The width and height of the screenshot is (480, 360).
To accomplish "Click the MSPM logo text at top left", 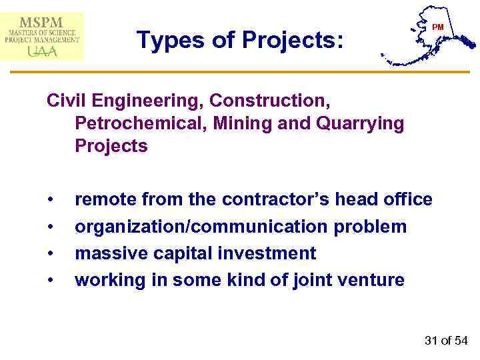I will pyautogui.click(x=42, y=21).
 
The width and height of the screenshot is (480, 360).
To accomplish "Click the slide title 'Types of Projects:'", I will pyautogui.click(x=240, y=41).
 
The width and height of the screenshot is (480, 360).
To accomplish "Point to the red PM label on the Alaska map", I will pyautogui.click(x=437, y=27).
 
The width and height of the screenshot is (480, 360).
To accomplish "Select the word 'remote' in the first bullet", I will pyautogui.click(x=107, y=199).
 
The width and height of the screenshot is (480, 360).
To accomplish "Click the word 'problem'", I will pyautogui.click(x=370, y=227).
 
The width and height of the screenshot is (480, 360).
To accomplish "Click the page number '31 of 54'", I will pyautogui.click(x=445, y=341).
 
